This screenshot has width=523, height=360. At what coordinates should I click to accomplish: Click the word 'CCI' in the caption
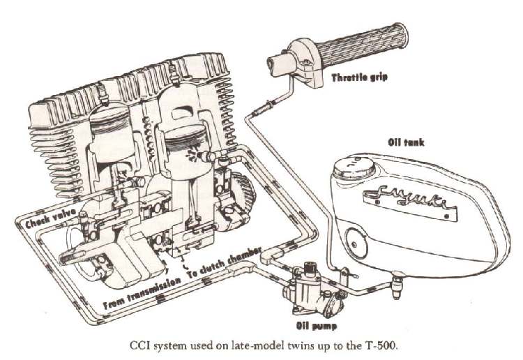pos(142,345)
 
